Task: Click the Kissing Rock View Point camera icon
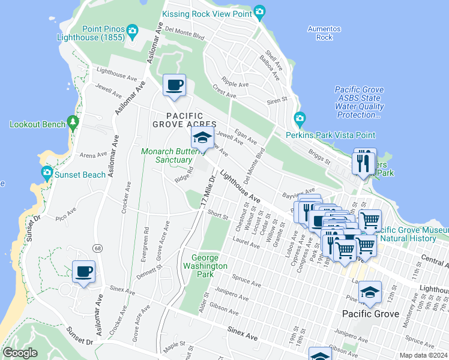click(x=259, y=12)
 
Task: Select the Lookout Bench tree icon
click(x=73, y=123)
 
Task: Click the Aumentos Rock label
click(x=324, y=33)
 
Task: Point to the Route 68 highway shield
click(x=97, y=248)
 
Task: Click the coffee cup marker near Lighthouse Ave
click(x=174, y=85)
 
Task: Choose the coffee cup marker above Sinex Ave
click(x=83, y=271)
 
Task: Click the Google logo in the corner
click(x=20, y=353)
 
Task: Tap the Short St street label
click(x=218, y=215)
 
